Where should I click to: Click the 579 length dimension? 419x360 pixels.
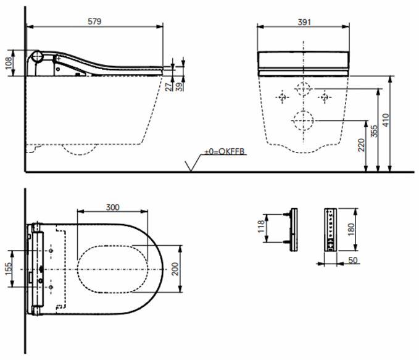[94, 22]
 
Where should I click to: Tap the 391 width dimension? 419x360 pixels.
[304, 22]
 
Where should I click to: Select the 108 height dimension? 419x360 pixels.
[9, 63]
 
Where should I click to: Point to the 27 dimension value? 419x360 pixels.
[168, 86]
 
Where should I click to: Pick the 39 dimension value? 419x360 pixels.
[180, 86]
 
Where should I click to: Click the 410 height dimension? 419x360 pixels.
[386, 120]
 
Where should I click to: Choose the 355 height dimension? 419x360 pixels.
[375, 131]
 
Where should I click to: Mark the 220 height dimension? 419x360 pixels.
[361, 145]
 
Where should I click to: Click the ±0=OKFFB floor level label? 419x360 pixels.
[225, 151]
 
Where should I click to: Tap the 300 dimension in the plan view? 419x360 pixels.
[113, 207]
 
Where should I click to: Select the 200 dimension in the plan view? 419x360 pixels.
[175, 269]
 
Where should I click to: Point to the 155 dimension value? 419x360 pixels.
[9, 269]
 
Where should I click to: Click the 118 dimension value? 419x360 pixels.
[261, 226]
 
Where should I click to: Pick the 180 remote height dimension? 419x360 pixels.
[351, 230]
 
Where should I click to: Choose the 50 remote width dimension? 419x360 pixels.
[353, 260]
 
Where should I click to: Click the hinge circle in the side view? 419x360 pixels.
[36, 56]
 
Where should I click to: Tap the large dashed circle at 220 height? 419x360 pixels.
[303, 120]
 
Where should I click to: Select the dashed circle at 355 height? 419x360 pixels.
[303, 88]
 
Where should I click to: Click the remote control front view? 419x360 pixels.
[331, 230]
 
